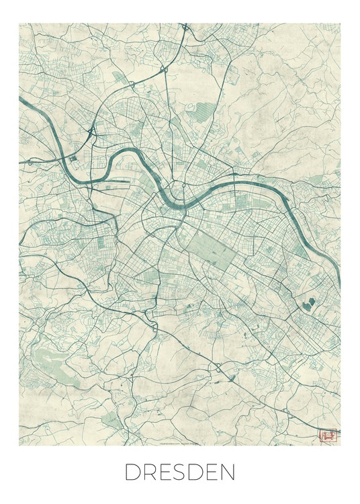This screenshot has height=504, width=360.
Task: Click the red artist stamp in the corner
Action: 328,437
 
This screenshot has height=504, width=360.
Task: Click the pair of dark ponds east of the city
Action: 309,304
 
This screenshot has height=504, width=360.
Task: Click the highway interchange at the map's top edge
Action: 184,28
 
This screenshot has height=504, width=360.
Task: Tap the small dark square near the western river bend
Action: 73,159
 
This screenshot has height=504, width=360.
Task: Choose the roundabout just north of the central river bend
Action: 183,184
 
